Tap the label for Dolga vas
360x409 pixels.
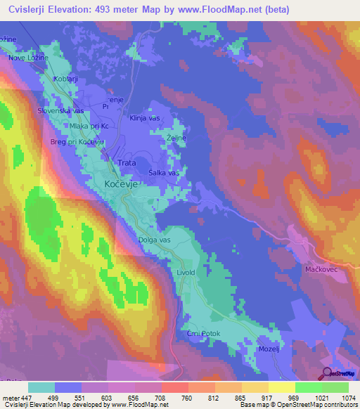pyautogui.click(x=154, y=240)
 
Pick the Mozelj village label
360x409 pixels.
pyautogui.click(x=270, y=348)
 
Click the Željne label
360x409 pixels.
pyautogui.click(x=176, y=138)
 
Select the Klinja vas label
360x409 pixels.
pyautogui.click(x=146, y=119)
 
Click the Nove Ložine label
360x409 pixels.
pyautogui.click(x=27, y=58)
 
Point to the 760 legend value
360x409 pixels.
pyautogui.click(x=186, y=397)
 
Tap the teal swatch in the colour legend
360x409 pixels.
pyautogui.click(x=41, y=387)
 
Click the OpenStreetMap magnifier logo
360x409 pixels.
pyautogui.click(x=327, y=374)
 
